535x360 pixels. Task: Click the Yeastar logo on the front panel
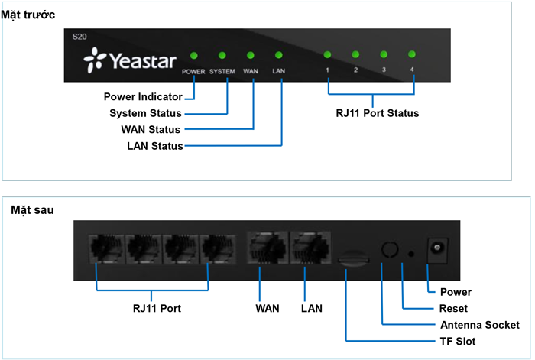tap(130, 57)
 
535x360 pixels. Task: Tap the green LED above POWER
tap(193, 55)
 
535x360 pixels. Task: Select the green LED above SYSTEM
tap(222, 55)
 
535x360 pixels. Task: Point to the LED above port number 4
tap(412, 54)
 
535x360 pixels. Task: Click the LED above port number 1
tap(327, 54)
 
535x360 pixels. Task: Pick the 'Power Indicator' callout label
tap(143, 97)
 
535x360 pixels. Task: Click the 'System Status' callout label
tap(146, 114)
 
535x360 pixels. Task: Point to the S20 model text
tap(79, 37)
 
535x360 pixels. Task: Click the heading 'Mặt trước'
tap(28, 14)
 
